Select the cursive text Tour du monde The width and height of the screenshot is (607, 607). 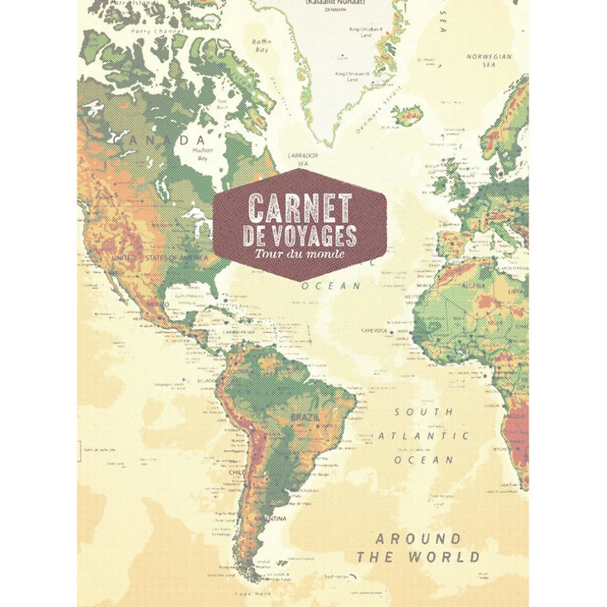pos(299,254)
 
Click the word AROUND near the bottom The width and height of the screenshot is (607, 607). pos(418,539)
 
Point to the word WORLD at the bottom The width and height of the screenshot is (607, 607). pos(444,558)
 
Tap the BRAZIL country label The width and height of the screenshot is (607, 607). pos(305,418)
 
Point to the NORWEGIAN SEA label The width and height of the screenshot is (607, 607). pos(489,59)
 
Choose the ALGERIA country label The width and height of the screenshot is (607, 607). pos(475,286)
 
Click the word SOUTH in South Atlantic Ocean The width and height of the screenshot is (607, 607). pos(424,411)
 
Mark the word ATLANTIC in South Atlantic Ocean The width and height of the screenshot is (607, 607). pos(423,436)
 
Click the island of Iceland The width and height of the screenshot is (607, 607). pos(407,115)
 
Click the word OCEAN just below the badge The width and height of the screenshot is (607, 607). pos(339,286)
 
